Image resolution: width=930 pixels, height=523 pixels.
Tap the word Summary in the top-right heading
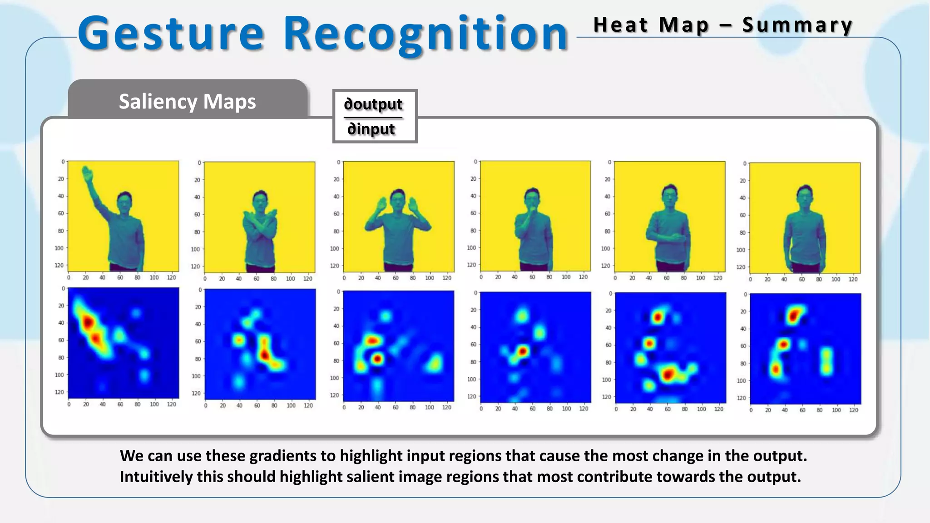coord(797,25)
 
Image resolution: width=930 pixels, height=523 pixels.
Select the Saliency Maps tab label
coord(187,101)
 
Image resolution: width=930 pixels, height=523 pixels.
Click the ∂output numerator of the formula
coord(373,104)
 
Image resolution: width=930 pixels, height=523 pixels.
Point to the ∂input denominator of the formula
coord(371,129)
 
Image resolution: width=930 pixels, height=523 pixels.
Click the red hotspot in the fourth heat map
coord(523,351)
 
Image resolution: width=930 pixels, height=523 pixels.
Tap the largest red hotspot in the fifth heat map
coord(668,375)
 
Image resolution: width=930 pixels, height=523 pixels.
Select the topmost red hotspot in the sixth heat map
coord(793,315)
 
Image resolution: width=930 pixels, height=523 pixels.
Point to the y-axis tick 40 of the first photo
coord(60,196)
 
